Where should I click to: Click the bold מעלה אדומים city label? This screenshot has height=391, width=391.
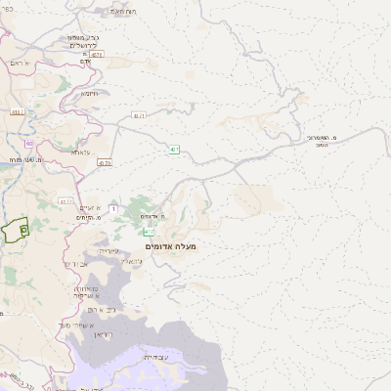point(171,246)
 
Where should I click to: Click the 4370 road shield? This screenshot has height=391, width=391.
point(105,163)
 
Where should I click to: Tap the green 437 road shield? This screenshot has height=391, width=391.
point(174,149)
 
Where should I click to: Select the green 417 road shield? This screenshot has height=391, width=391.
point(149,233)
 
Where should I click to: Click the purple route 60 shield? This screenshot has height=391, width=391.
point(29,144)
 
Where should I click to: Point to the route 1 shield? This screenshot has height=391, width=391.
point(113,208)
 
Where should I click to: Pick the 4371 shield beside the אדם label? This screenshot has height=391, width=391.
point(96,55)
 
